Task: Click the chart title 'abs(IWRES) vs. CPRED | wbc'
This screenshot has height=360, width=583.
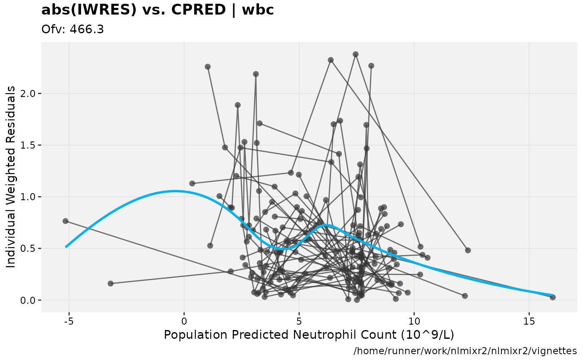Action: pos(157,10)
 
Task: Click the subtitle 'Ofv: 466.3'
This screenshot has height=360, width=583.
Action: pos(72,30)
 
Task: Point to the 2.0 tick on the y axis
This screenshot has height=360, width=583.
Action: pos(30,93)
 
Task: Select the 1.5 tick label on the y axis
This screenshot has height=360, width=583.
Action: pos(30,145)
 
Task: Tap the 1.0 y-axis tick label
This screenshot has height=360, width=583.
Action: pos(30,197)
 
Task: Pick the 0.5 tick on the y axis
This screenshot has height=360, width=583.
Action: pos(30,248)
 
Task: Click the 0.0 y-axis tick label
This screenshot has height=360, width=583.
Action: pos(30,300)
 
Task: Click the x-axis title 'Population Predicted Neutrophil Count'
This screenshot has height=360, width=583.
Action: pos(309,335)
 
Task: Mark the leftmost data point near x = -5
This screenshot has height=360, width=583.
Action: pos(65,221)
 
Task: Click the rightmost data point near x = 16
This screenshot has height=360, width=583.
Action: pos(553,297)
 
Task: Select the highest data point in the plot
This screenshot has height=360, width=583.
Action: pos(356,54)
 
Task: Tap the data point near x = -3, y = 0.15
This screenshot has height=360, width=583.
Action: pos(110,283)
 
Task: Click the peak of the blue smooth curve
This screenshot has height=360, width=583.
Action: pos(175,191)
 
